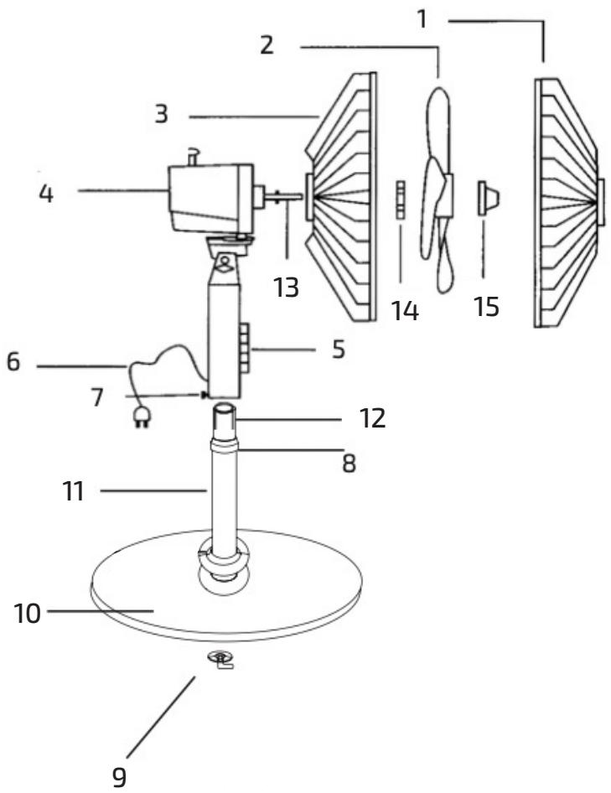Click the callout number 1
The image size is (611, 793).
pyautogui.click(x=422, y=20)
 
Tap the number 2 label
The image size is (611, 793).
pyautogui.click(x=267, y=44)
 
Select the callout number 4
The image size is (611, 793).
pyautogui.click(x=47, y=193)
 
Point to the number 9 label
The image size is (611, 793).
pyautogui.click(x=119, y=777)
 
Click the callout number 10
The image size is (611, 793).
pyautogui.click(x=28, y=614)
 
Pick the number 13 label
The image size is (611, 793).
pyautogui.click(x=287, y=288)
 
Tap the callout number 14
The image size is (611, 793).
pyautogui.click(x=405, y=310)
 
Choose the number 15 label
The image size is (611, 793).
pyautogui.click(x=487, y=307)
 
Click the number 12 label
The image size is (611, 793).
pyautogui.click(x=373, y=419)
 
